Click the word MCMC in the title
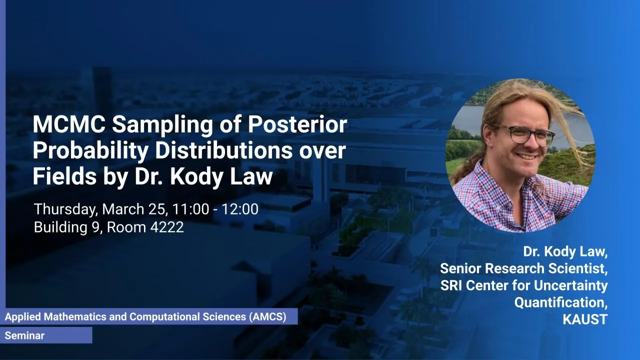pos(69,124)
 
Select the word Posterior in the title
pos(297,124)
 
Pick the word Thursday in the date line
pos(65,209)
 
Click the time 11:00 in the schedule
pos(190,209)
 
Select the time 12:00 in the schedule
pos(240,209)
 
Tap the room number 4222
pos(167,227)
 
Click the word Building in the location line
pos(60,227)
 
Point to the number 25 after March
pos(157,209)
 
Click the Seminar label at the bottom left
pos(24,335)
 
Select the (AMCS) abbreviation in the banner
pos(267,317)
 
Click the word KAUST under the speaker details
pos(585,319)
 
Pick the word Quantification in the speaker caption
pos(561,302)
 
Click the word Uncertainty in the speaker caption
pos(570,285)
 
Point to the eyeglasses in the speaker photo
pos(525,134)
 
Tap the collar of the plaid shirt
pos(503,183)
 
